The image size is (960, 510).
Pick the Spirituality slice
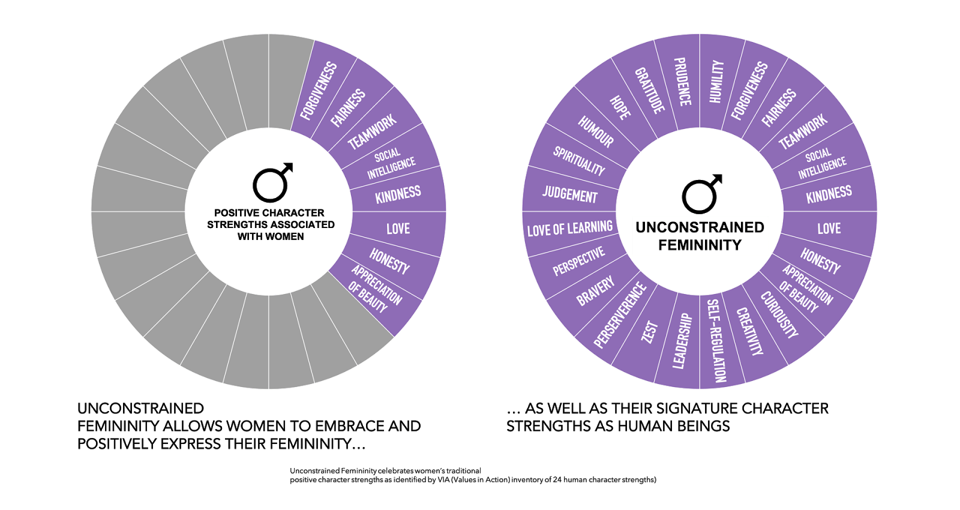[x=578, y=161]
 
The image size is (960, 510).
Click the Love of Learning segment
[x=569, y=229]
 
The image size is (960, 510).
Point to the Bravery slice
[x=595, y=290]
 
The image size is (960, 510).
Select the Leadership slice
[x=682, y=341]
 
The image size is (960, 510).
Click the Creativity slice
[x=749, y=332]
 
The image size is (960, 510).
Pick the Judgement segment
[x=569, y=194]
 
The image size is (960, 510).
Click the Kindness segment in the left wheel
[x=398, y=194]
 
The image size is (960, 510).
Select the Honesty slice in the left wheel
[x=389, y=262]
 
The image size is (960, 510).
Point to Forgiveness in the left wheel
[x=319, y=91]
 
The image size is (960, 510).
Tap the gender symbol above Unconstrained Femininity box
[x=701, y=193]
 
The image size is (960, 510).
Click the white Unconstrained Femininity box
[x=700, y=236]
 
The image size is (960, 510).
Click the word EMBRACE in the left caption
[x=351, y=427]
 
